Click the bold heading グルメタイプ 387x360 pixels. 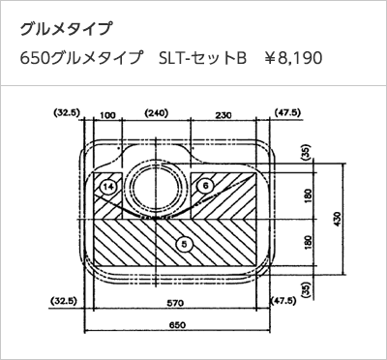point(66,29)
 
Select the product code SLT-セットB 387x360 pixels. point(202,58)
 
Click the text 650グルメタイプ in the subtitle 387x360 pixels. point(81,58)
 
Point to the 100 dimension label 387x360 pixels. point(107,115)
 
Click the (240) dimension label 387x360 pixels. point(157,113)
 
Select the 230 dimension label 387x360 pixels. point(223,115)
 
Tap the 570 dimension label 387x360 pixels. point(175,303)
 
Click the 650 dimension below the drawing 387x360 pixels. point(177,325)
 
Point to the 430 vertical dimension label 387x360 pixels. point(336,219)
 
